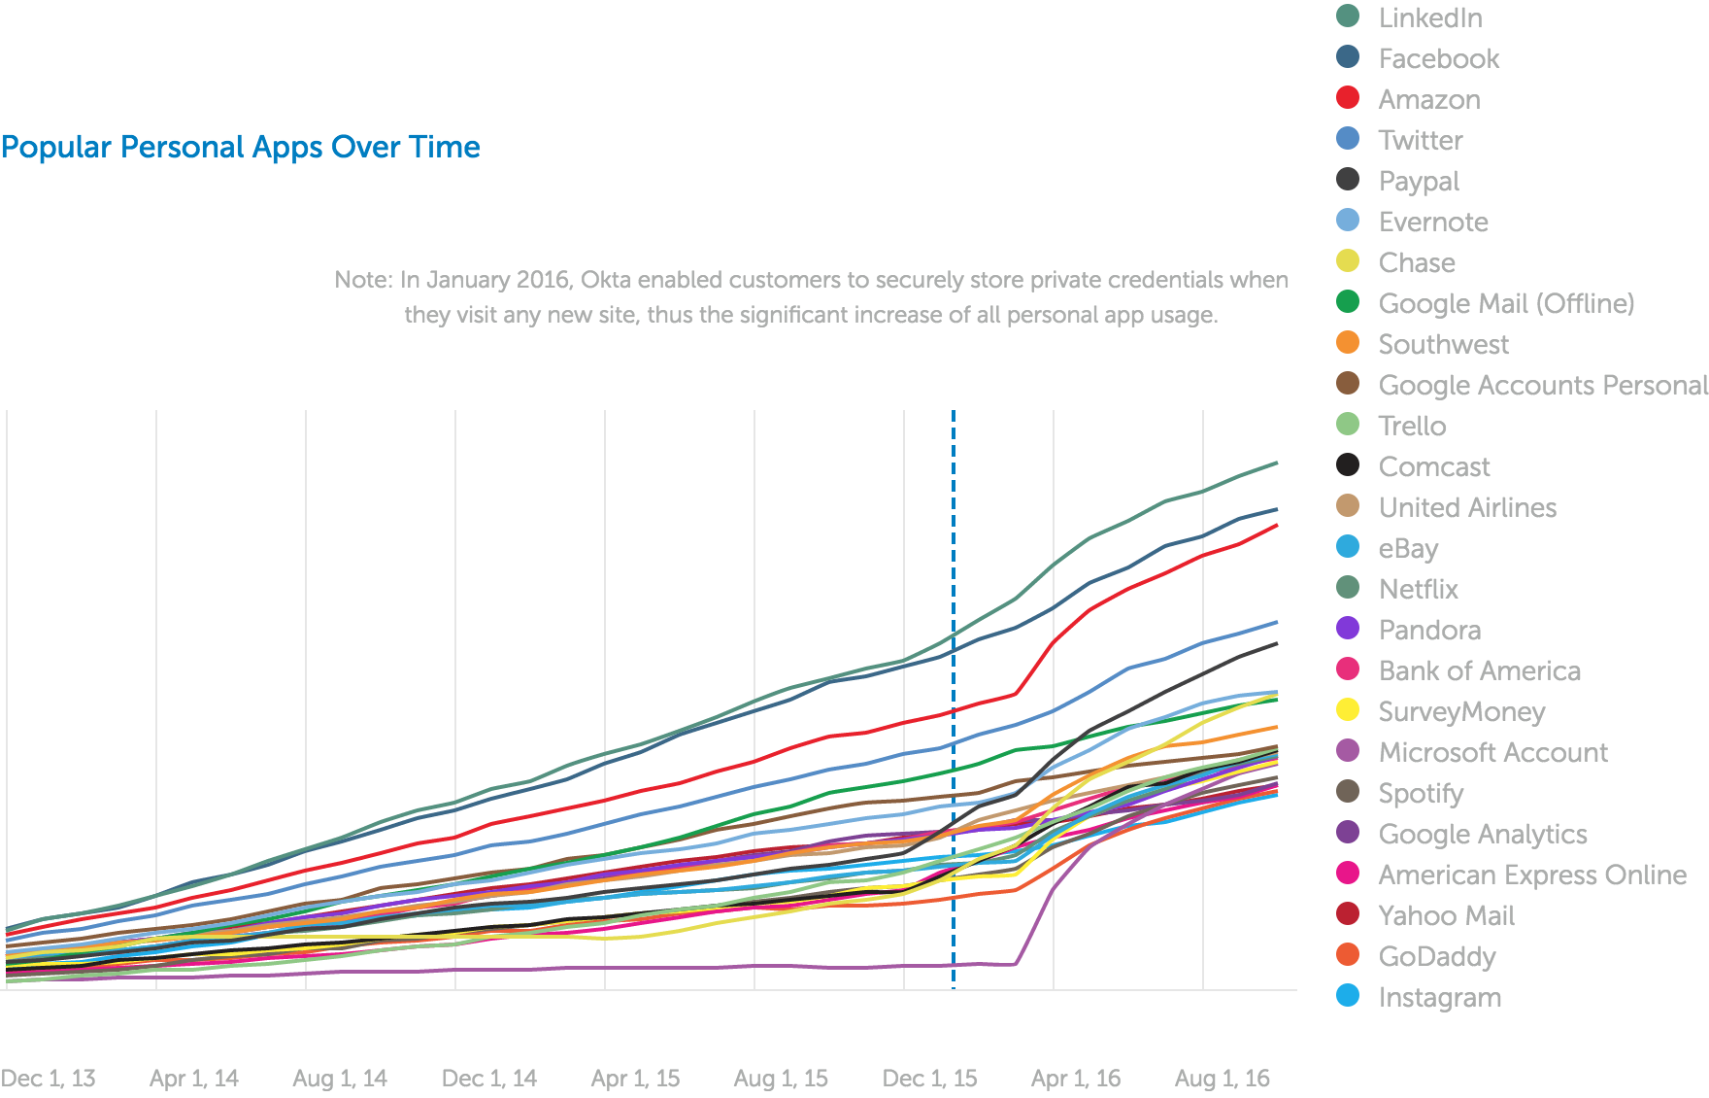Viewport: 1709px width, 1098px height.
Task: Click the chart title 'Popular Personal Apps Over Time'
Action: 241,147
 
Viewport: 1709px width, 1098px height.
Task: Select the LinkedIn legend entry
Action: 1429,17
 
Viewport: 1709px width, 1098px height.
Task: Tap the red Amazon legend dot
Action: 1348,98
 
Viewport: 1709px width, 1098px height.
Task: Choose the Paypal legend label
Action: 1419,181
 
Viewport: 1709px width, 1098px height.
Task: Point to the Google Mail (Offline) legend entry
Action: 1505,303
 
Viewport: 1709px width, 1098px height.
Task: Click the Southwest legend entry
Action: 1443,344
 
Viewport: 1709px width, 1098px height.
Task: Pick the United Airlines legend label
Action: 1467,507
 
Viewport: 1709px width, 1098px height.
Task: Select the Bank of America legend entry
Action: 1479,670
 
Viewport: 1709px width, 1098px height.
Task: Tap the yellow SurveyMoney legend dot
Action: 1348,710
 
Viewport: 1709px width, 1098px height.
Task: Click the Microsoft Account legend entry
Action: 1492,752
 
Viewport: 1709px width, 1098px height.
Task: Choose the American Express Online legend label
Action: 1532,875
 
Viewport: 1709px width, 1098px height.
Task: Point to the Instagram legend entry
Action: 1439,997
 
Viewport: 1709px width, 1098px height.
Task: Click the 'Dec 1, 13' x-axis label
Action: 48,1078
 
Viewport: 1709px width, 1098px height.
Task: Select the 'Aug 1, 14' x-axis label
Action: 340,1078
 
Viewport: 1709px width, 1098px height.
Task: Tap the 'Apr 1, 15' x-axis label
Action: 635,1078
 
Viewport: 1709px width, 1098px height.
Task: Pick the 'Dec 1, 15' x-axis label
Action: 929,1078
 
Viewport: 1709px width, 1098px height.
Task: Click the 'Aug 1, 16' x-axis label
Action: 1222,1078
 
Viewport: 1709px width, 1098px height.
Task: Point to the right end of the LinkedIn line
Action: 1276,463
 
